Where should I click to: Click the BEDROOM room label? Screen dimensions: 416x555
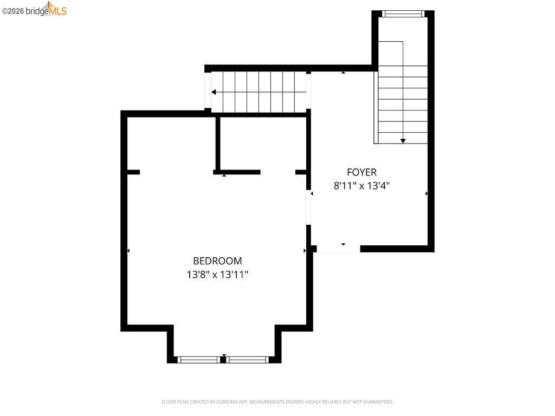point(217,261)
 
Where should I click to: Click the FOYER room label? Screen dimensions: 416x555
point(362,172)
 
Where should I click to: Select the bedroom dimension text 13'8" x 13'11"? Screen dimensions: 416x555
point(217,275)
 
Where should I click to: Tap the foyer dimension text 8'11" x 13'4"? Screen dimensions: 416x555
point(362,186)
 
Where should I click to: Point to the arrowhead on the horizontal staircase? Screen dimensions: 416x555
point(214,92)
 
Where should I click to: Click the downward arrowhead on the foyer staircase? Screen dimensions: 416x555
point(403,141)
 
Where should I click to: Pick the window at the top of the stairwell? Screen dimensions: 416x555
point(403,14)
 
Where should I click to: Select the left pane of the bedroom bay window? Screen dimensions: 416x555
point(198,359)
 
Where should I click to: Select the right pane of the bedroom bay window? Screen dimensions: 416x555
point(248,359)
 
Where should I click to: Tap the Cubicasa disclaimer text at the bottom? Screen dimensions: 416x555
point(277,402)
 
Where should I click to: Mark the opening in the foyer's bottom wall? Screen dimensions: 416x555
point(338,249)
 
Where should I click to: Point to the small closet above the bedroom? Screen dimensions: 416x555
point(263,144)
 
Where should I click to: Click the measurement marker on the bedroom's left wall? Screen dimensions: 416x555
point(128,250)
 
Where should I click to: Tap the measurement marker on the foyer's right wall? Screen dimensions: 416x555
point(427,193)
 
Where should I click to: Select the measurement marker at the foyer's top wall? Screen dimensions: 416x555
point(343,72)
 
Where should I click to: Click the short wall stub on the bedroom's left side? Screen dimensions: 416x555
point(133,172)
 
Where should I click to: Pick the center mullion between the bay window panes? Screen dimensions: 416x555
point(223,359)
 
